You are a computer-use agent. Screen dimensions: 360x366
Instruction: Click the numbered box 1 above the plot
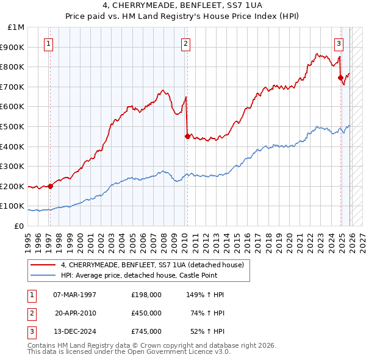[x=48, y=43]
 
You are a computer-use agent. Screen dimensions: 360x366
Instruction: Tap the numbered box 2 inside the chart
[x=185, y=43]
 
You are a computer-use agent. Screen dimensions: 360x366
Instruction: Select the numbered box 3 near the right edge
[x=339, y=43]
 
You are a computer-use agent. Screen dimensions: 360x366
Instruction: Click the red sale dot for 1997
[x=50, y=187]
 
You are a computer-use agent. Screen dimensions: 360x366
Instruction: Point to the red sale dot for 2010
[x=187, y=136]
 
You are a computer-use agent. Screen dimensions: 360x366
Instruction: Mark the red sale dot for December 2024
[x=340, y=77]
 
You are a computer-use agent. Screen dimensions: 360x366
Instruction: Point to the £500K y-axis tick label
[x=13, y=127]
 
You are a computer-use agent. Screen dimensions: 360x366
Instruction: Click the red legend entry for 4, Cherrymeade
[x=152, y=265]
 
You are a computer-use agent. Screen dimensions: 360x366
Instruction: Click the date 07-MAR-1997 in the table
[x=74, y=295]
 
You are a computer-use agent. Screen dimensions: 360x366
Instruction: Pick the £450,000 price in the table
[x=146, y=313]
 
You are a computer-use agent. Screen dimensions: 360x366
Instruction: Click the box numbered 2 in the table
[x=31, y=313]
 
